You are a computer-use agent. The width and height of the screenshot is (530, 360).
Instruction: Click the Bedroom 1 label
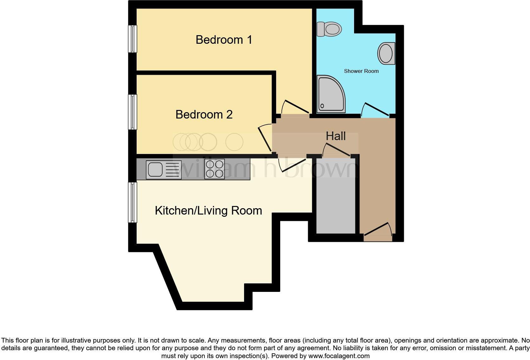pos(224,40)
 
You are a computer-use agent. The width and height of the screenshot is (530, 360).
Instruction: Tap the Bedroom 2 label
pos(204,114)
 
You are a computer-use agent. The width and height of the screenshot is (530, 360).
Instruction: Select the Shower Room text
pos(361,71)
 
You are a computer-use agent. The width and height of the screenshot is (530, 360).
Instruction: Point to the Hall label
pos(335,136)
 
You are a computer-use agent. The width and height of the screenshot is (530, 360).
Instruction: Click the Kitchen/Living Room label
pos(208,211)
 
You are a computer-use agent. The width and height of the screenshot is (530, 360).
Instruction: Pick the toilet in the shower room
pos(329,29)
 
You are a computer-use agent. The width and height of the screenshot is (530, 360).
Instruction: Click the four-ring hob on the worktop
pos(215,169)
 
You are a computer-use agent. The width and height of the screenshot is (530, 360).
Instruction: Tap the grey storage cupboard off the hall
pos(336,196)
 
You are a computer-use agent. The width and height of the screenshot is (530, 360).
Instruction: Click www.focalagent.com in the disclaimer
pos(339,356)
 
